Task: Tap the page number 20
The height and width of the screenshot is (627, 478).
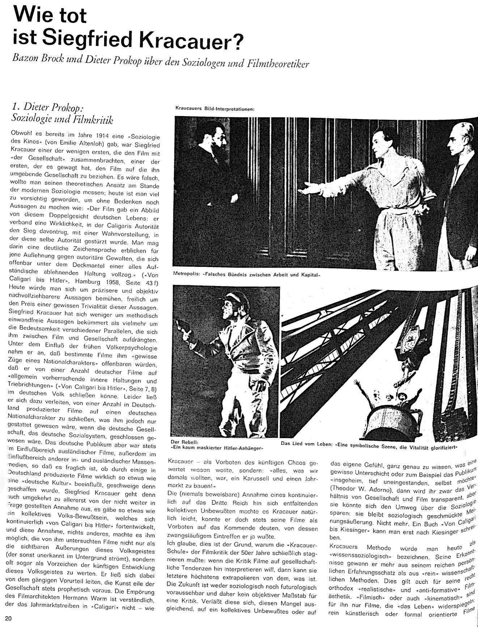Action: [x=9, y=618]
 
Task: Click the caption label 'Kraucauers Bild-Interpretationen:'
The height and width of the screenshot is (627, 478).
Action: [x=216, y=108]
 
